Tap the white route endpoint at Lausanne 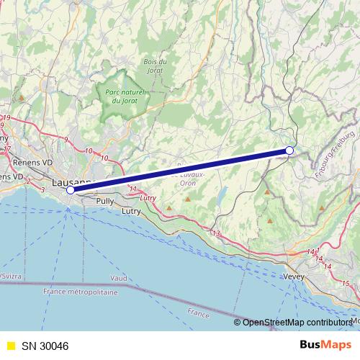[71, 191]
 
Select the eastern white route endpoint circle [289, 150]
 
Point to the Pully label [104, 202]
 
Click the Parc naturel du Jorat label [125, 96]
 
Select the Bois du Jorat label [155, 66]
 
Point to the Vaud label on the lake [119, 277]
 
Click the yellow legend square [9, 346]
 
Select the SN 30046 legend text [45, 346]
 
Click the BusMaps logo [325, 345]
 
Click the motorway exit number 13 [215, 233]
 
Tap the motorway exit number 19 [7, 117]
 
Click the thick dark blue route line [180, 171]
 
